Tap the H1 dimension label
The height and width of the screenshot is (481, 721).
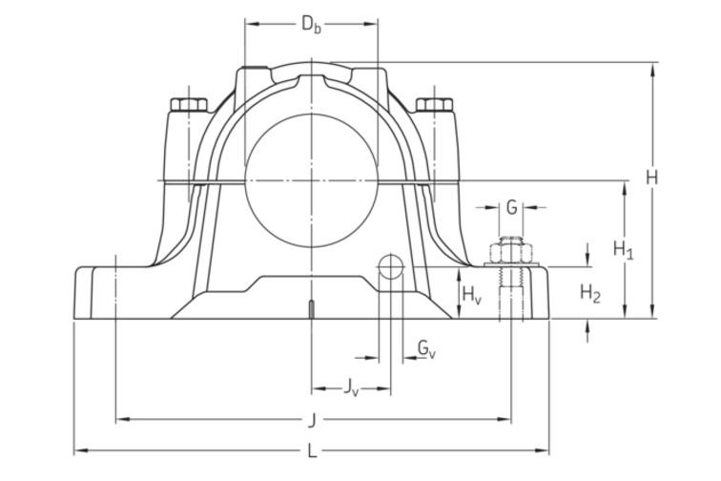click(624, 250)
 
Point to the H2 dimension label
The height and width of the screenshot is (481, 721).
click(590, 293)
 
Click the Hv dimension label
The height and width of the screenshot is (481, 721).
click(471, 296)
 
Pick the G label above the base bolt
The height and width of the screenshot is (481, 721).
click(511, 206)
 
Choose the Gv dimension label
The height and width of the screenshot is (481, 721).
click(426, 350)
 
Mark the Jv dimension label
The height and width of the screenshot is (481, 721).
click(351, 387)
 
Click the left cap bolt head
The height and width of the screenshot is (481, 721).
click(190, 104)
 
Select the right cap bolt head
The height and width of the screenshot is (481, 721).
click(434, 104)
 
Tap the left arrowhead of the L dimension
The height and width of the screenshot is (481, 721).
click(79, 450)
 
